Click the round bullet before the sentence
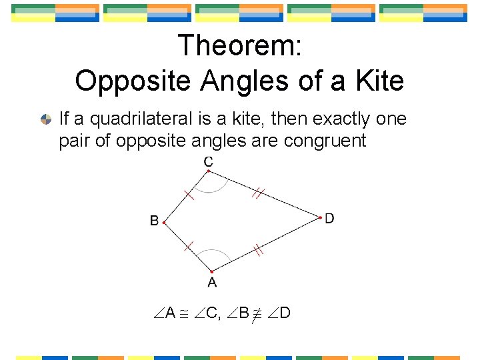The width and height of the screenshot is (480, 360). [x=45, y=119]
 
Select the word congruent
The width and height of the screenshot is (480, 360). [x=325, y=141]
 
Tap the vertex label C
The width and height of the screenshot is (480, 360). [x=209, y=161]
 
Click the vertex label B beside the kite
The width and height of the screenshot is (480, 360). [x=154, y=221]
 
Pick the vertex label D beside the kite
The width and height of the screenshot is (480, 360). [x=329, y=218]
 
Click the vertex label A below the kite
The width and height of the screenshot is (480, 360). [x=211, y=283]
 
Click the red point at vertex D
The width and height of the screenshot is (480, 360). [x=320, y=217]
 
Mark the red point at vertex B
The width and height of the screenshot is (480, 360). [x=163, y=223]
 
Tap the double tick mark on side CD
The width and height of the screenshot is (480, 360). [x=259, y=193]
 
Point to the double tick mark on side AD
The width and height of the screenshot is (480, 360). [x=258, y=250]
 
